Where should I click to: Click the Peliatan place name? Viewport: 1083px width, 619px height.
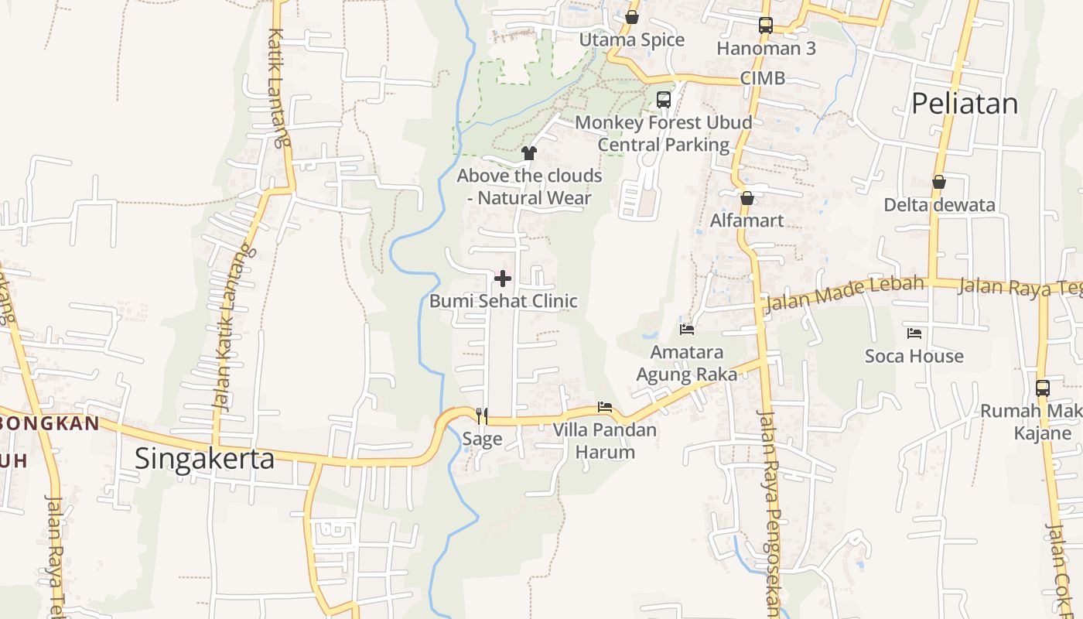(x=965, y=103)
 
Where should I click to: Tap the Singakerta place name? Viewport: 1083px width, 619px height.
(x=204, y=458)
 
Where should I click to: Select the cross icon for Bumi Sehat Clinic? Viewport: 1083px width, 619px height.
(x=503, y=279)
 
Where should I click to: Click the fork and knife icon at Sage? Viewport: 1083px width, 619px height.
(x=482, y=416)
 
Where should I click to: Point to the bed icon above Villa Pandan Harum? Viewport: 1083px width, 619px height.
(x=605, y=407)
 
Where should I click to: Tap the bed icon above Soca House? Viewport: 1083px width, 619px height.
(x=914, y=333)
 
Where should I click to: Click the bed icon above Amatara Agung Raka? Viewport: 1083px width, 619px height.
(x=687, y=330)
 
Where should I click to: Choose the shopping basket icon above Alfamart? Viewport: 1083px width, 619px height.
(x=747, y=199)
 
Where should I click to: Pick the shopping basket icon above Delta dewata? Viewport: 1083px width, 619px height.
(x=939, y=183)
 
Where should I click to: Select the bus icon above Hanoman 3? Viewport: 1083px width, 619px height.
(x=766, y=26)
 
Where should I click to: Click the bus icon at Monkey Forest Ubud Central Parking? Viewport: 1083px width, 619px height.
(x=664, y=100)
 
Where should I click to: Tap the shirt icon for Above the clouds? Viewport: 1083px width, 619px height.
(x=529, y=153)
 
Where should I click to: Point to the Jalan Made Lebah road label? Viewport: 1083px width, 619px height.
(x=844, y=292)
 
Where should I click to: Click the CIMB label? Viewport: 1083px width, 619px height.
(x=762, y=78)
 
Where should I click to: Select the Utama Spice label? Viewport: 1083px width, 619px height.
(x=632, y=39)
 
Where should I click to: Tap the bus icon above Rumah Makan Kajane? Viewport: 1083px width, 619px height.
(x=1043, y=388)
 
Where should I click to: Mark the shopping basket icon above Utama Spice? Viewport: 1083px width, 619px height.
(x=632, y=17)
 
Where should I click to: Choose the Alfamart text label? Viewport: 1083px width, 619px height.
(x=747, y=221)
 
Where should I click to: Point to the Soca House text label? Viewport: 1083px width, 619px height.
(x=914, y=356)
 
